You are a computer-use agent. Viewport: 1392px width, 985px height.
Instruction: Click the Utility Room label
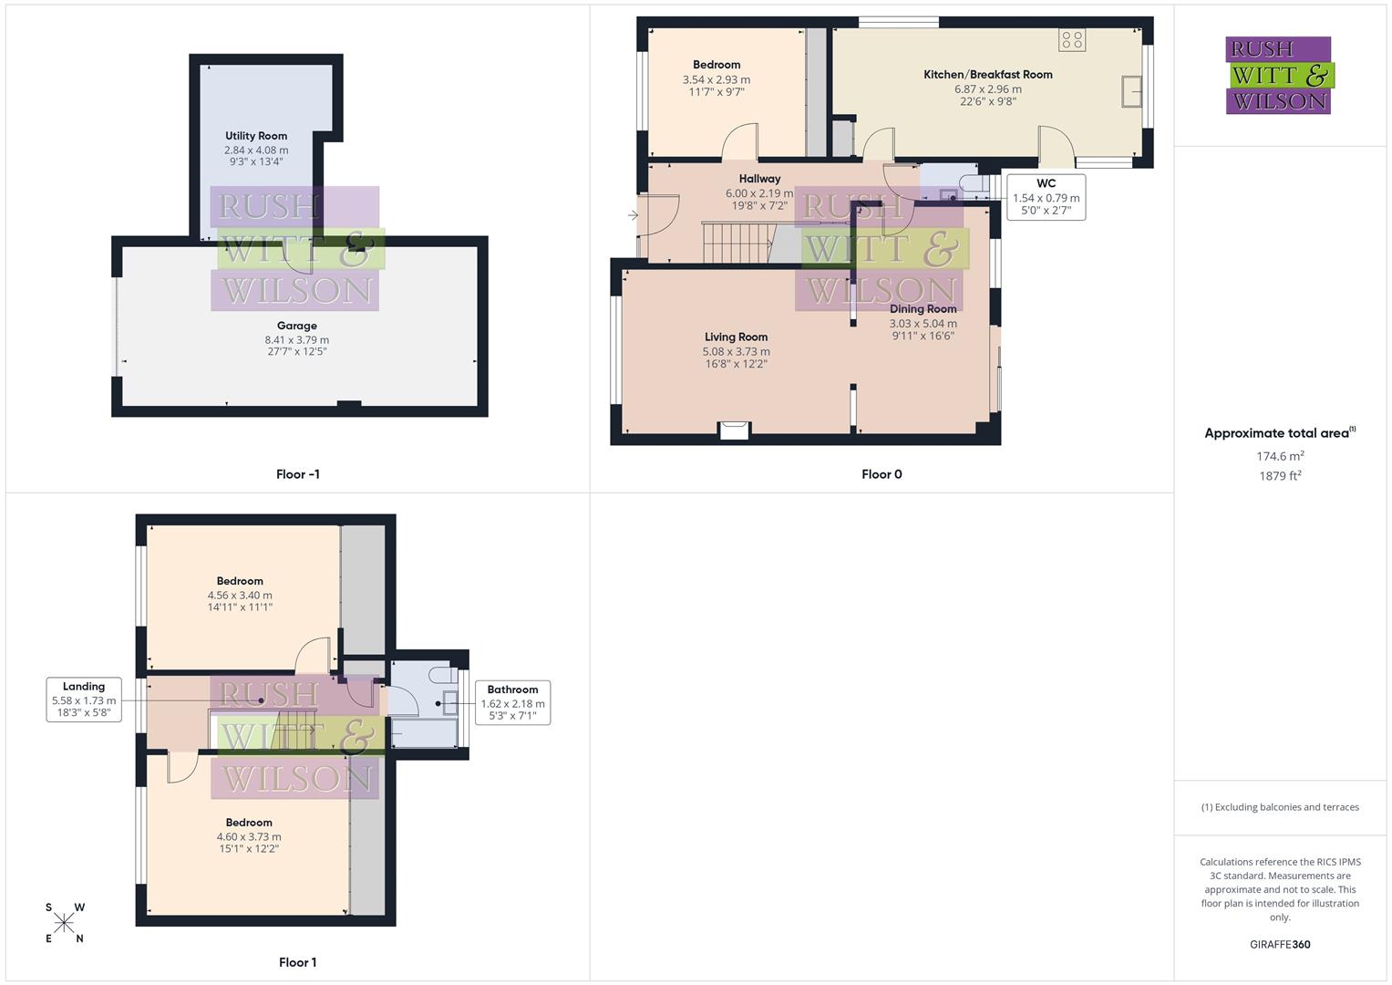click(x=256, y=136)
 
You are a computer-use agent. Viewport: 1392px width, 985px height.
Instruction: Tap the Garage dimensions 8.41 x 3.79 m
click(x=296, y=339)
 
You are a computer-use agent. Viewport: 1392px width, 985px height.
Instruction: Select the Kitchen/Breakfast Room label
click(x=987, y=75)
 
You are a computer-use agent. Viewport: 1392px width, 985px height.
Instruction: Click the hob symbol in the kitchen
click(x=1072, y=39)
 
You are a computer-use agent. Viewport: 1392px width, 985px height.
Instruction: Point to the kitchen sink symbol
click(x=1132, y=92)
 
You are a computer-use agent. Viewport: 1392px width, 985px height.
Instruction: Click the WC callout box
click(x=1046, y=197)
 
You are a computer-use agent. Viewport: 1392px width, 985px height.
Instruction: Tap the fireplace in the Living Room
click(x=734, y=430)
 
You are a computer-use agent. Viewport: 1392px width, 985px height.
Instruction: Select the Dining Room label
click(x=923, y=309)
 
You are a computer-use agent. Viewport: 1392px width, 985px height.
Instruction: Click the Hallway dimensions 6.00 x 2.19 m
click(x=759, y=193)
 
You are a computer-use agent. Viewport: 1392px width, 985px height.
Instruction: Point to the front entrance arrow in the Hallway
click(x=633, y=215)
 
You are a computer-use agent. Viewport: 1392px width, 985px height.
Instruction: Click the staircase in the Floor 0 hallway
click(x=735, y=243)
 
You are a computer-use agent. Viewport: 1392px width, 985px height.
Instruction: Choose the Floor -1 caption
click(x=297, y=474)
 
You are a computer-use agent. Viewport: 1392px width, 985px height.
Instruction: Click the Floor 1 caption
click(x=297, y=962)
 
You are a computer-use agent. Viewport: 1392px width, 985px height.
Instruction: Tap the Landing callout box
click(x=84, y=700)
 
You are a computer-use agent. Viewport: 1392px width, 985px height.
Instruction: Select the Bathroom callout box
click(x=512, y=702)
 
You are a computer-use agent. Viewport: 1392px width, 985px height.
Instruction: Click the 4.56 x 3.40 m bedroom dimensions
click(x=240, y=596)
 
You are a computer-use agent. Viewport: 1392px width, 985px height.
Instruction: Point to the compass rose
click(x=64, y=923)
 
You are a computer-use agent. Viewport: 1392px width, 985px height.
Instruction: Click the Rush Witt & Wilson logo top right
click(x=1278, y=75)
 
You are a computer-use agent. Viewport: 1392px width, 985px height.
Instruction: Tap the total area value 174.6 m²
click(x=1279, y=456)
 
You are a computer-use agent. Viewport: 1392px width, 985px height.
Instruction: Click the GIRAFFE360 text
click(x=1279, y=944)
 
